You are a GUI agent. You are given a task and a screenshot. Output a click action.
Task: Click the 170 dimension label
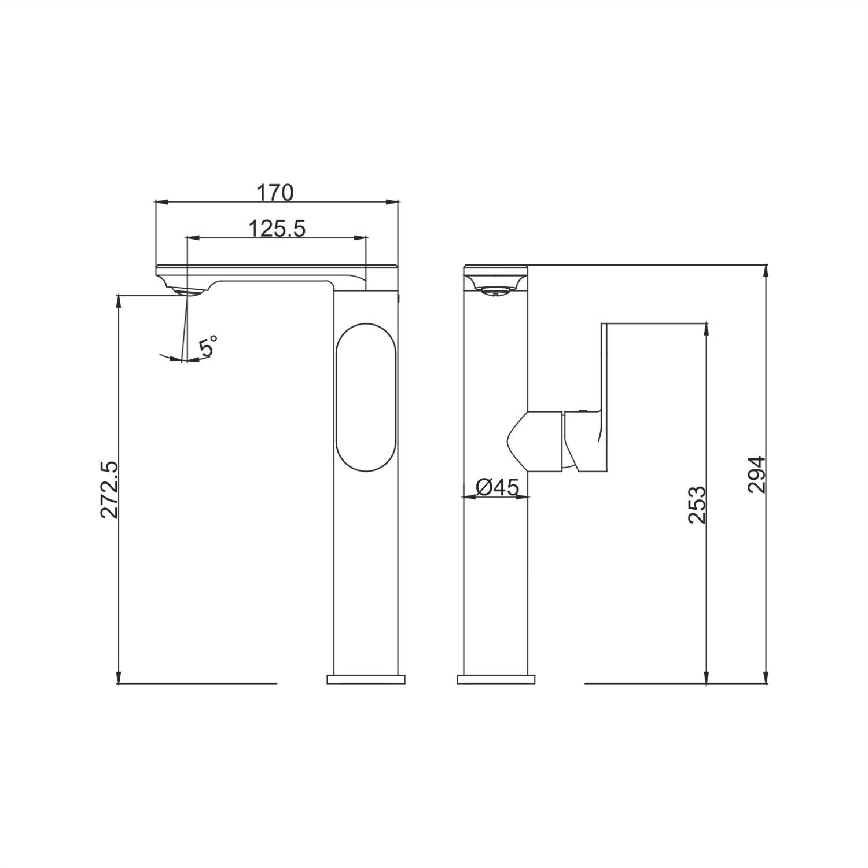(x=275, y=192)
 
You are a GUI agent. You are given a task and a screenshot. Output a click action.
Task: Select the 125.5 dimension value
(x=277, y=229)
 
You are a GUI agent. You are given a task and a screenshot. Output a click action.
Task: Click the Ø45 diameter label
(x=497, y=488)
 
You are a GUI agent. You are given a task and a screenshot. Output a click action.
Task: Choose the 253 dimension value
(x=697, y=505)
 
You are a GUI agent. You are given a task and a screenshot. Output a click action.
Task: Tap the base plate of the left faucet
(x=366, y=679)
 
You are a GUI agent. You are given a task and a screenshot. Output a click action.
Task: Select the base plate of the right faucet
(x=496, y=679)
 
